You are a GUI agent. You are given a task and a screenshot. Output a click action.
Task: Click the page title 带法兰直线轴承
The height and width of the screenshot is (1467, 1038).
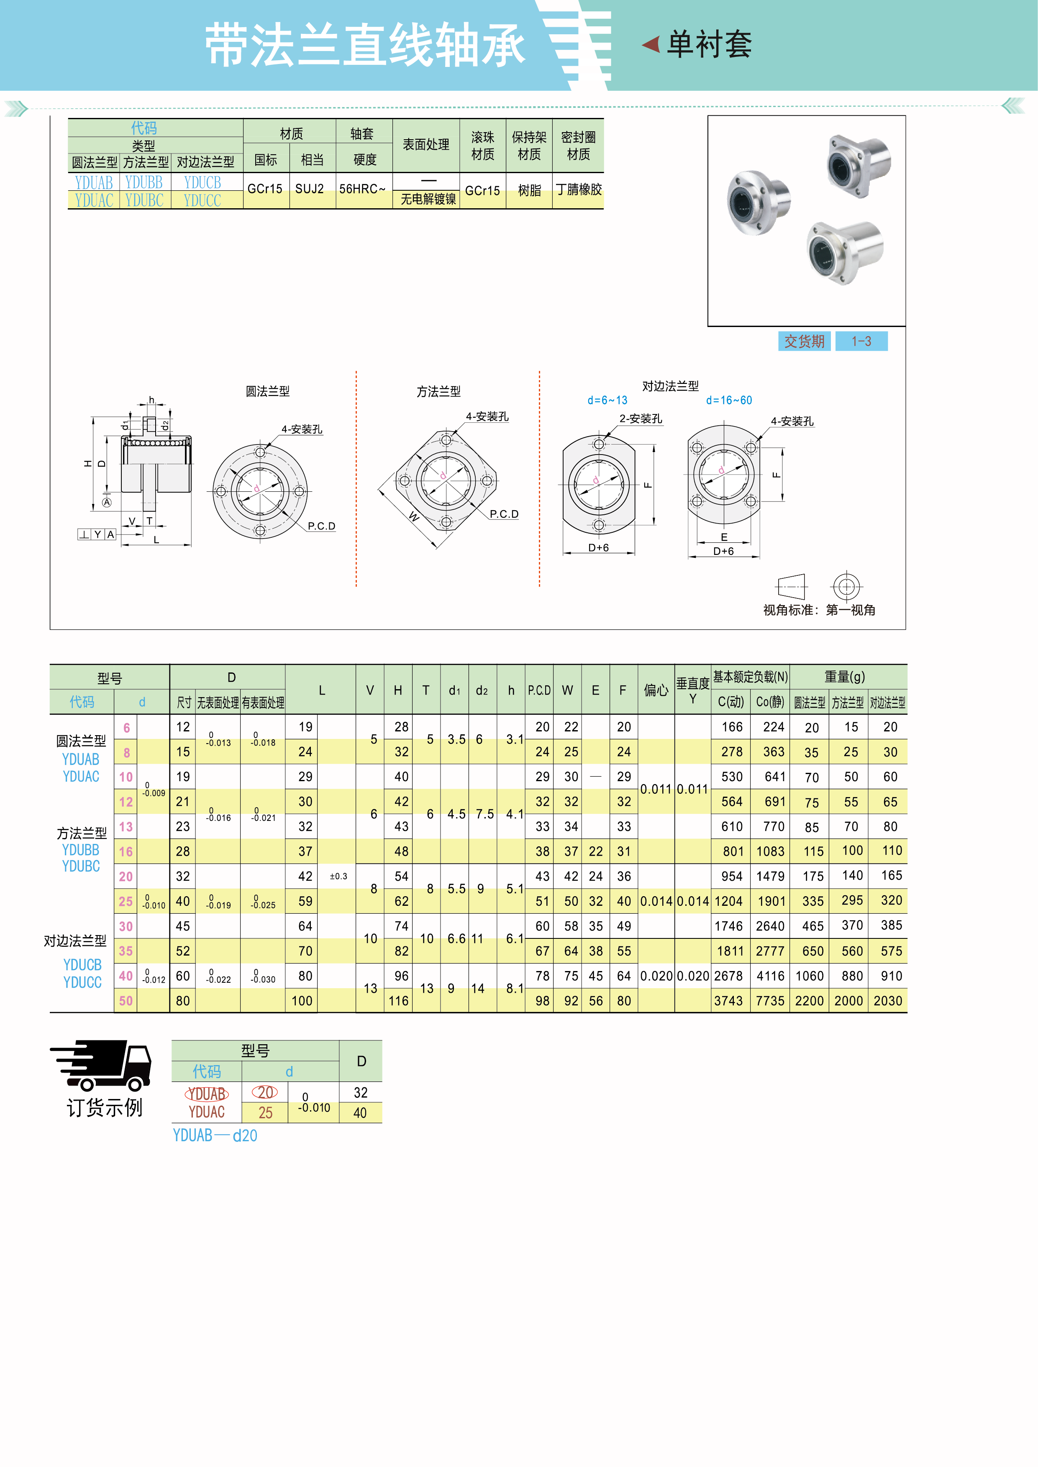[364, 45]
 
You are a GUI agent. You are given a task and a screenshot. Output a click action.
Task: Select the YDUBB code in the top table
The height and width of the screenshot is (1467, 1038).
[144, 183]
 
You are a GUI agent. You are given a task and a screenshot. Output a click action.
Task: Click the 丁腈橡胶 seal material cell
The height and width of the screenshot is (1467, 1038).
[579, 190]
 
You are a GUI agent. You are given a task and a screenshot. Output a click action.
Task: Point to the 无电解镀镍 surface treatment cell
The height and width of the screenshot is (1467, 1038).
[428, 199]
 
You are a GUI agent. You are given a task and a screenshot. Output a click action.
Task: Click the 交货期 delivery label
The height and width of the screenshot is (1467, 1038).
[804, 341]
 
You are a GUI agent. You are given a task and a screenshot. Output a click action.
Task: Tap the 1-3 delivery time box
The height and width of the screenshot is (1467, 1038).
[861, 341]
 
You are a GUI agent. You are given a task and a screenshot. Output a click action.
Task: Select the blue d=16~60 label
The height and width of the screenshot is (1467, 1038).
[729, 401]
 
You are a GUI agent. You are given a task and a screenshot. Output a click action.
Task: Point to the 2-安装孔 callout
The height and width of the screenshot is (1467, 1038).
[641, 419]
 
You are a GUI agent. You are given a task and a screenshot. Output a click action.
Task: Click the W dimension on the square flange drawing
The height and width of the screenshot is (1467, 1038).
[414, 517]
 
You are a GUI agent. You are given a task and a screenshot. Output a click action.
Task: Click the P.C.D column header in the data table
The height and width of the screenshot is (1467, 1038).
[539, 690]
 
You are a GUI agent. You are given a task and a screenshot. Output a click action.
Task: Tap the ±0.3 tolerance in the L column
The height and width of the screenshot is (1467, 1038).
[338, 877]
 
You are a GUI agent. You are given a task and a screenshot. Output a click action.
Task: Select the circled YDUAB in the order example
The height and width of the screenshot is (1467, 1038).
[206, 1094]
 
